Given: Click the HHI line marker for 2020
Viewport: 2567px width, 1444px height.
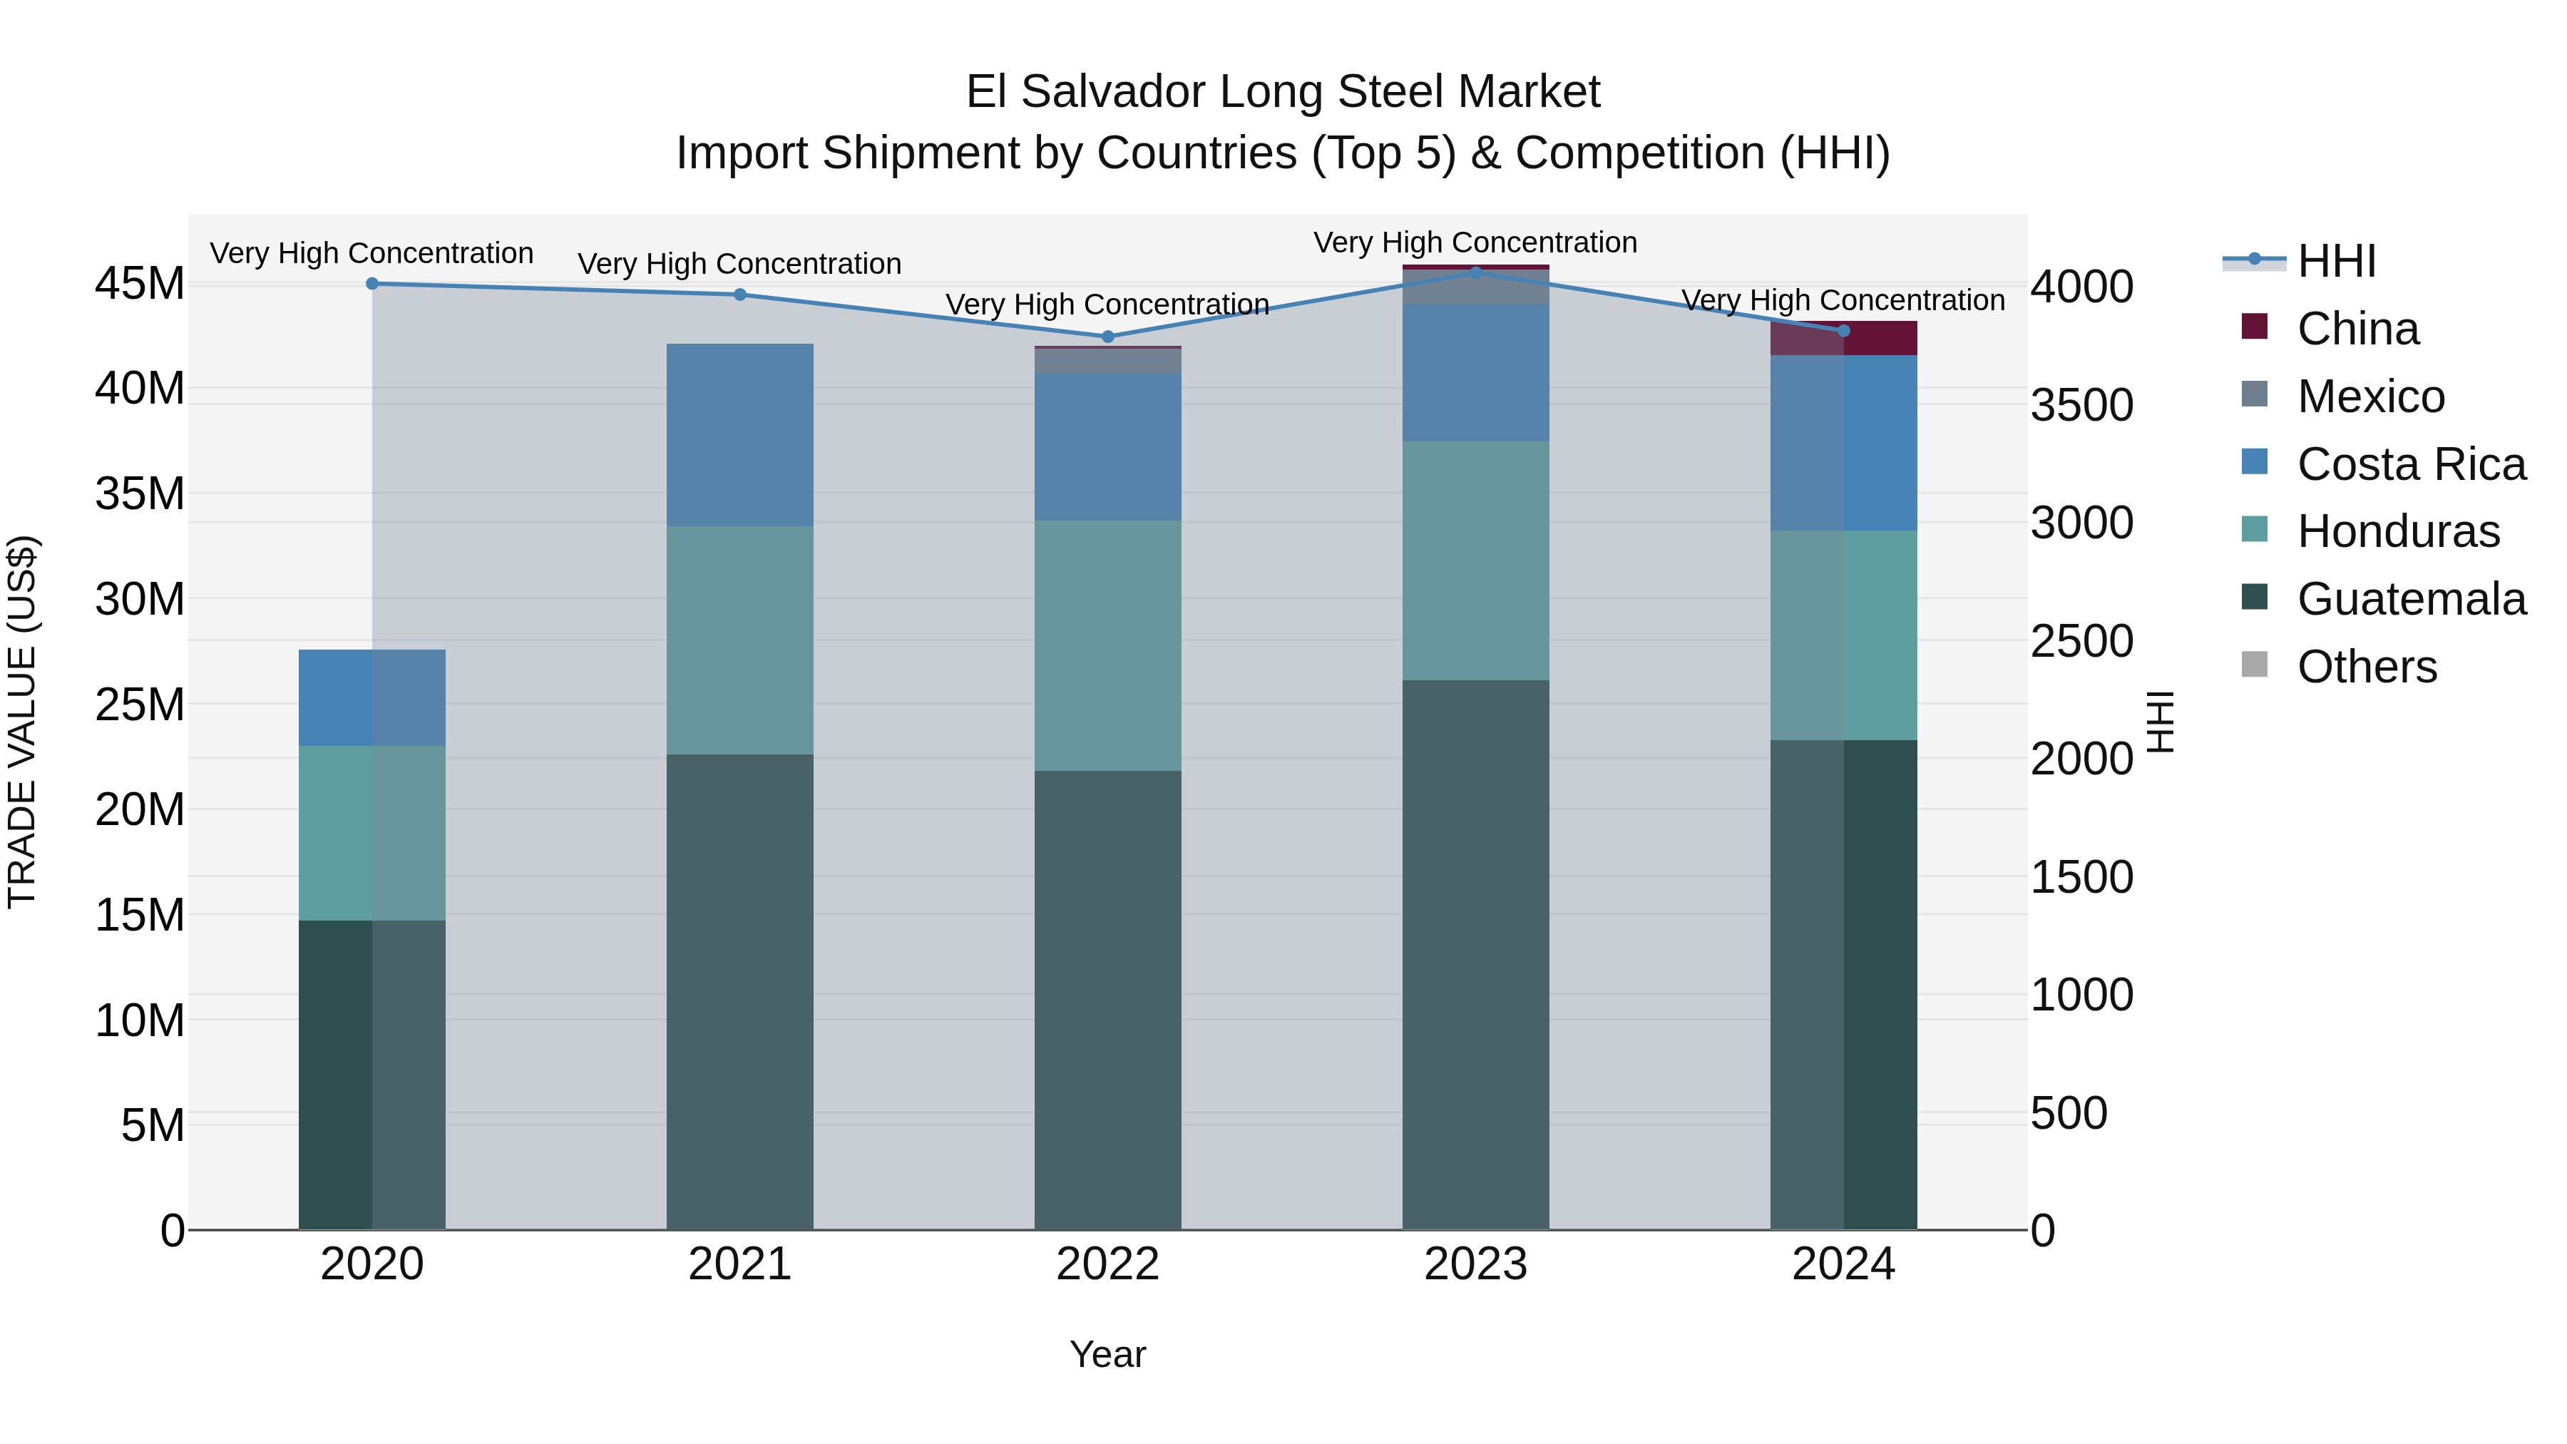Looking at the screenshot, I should click(x=372, y=284).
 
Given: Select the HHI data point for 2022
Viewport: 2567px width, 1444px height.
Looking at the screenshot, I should click(x=1107, y=337).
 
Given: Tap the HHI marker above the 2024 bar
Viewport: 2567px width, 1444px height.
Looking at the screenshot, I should click(x=1843, y=331).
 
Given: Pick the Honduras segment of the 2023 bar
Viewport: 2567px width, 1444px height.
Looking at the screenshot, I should click(x=1475, y=561).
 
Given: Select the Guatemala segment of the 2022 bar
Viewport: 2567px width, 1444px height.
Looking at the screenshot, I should click(x=1107, y=1000).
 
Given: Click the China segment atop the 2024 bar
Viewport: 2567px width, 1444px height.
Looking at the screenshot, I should click(x=1843, y=339).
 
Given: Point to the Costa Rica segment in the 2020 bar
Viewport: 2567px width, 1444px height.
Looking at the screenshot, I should click(x=372, y=697).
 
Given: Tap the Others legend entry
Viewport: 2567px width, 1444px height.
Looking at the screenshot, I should click(x=2366, y=667).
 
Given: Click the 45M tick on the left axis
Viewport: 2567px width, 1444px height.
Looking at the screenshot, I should click(x=140, y=284).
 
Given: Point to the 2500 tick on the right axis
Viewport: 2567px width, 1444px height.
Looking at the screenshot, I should click(x=2081, y=641).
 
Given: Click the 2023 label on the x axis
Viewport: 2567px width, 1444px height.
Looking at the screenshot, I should click(x=1475, y=1264).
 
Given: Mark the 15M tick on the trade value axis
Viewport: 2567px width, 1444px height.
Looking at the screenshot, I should click(x=140, y=915).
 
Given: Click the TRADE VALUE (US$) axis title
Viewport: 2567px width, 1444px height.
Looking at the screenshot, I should click(x=22, y=722).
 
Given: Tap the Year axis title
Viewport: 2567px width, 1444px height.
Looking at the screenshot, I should click(x=1107, y=1354).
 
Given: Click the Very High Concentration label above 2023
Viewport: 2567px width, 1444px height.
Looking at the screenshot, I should click(x=1475, y=242).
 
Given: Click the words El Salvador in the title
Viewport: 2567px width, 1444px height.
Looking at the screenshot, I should click(x=1086, y=92).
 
